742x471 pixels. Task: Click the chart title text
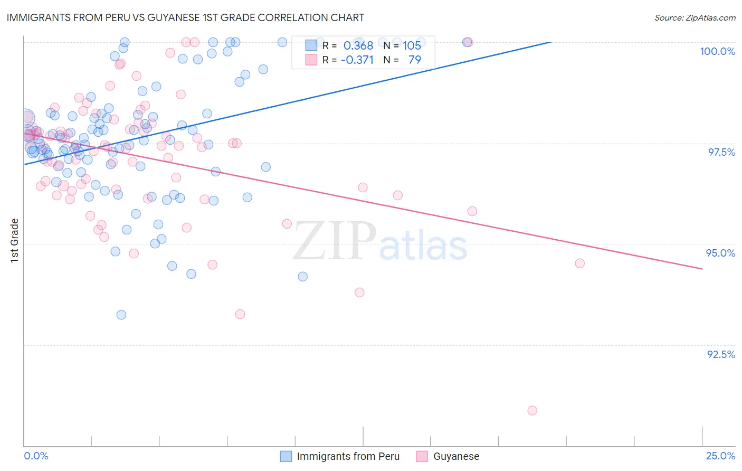[x=185, y=17]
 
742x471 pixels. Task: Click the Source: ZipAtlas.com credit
[x=695, y=17]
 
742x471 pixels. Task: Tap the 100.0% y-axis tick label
[x=717, y=51]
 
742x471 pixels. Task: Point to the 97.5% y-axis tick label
[x=721, y=152]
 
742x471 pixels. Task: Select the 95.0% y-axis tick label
[x=720, y=253]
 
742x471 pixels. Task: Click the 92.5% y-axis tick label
[x=721, y=354]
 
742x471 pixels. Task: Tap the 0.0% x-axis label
[x=36, y=456]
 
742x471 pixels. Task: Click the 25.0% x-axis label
[x=720, y=456]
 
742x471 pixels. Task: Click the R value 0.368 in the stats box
[x=358, y=45]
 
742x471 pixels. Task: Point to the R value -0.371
[x=357, y=60]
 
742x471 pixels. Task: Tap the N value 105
[x=412, y=45]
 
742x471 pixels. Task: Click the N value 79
[x=415, y=60]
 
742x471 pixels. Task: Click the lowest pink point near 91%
[x=532, y=410]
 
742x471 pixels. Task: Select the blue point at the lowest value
[x=121, y=315]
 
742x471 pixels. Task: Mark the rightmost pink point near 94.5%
[x=579, y=263]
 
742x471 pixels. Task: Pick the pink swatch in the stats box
[x=311, y=60]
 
